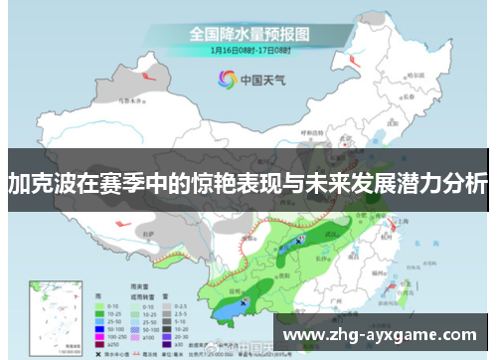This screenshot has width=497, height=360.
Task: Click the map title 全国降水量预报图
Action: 248,33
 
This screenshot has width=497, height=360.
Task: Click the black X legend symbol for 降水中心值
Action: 98,352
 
